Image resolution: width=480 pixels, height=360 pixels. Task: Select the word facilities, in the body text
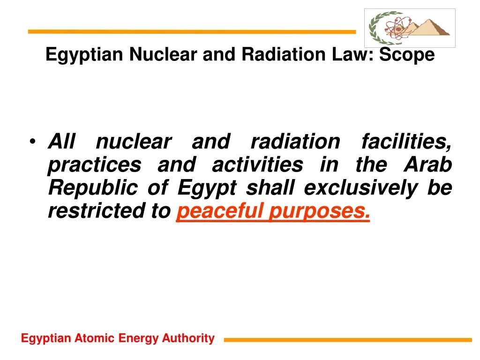pos(406,141)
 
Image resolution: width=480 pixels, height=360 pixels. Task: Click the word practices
pos(94,165)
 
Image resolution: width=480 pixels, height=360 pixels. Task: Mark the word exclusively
pos(360,188)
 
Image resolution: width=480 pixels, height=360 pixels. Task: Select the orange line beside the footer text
pos(347,340)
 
